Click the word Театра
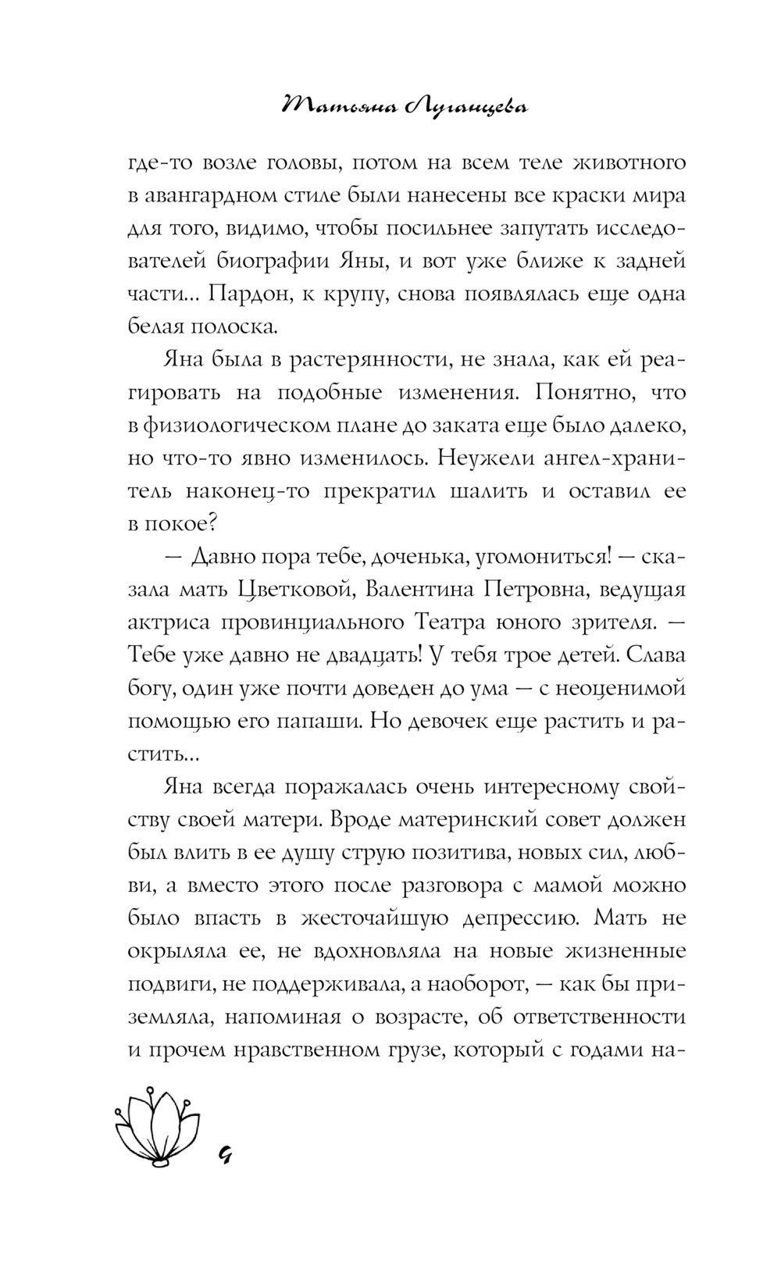(444, 623)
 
